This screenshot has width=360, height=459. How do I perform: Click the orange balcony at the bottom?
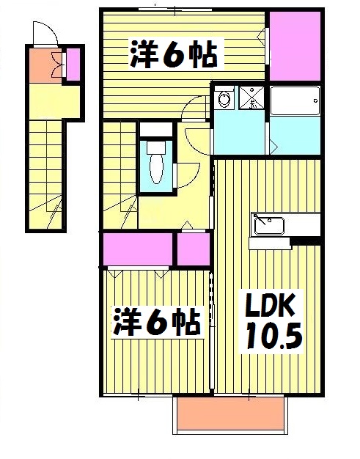point(229,416)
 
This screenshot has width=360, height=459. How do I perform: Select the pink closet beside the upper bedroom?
point(295,46)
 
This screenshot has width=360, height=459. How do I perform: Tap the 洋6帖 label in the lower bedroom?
point(156,323)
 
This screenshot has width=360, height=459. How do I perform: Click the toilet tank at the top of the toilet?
point(155,145)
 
